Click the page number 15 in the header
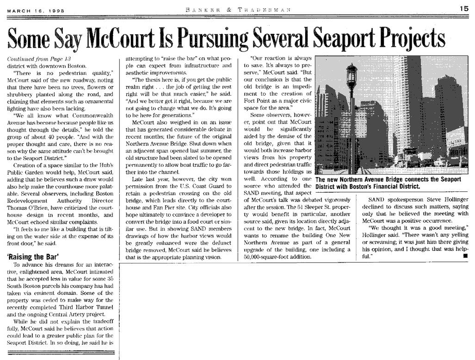coord(464,8)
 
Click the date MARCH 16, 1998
coord(36,9)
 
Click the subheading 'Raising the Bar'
coord(33,257)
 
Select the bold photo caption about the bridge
coord(388,183)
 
